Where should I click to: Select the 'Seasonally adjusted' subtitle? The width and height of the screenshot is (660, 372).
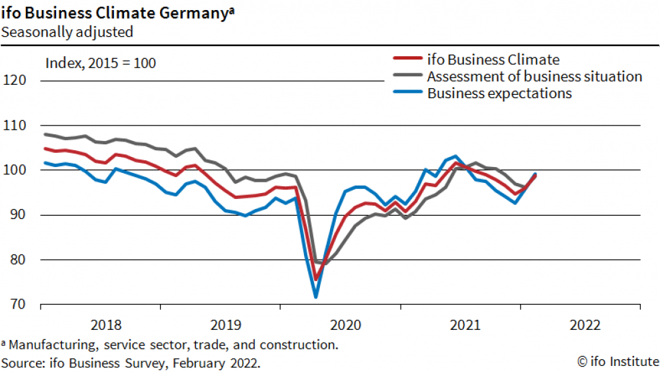(67, 31)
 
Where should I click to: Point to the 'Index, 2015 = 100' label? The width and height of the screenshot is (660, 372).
(100, 63)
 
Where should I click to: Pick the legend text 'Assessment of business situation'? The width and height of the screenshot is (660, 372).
(535, 76)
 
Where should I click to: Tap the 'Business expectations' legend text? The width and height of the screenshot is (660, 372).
(499, 94)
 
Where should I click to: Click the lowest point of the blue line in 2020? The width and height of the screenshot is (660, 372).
(315, 297)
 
